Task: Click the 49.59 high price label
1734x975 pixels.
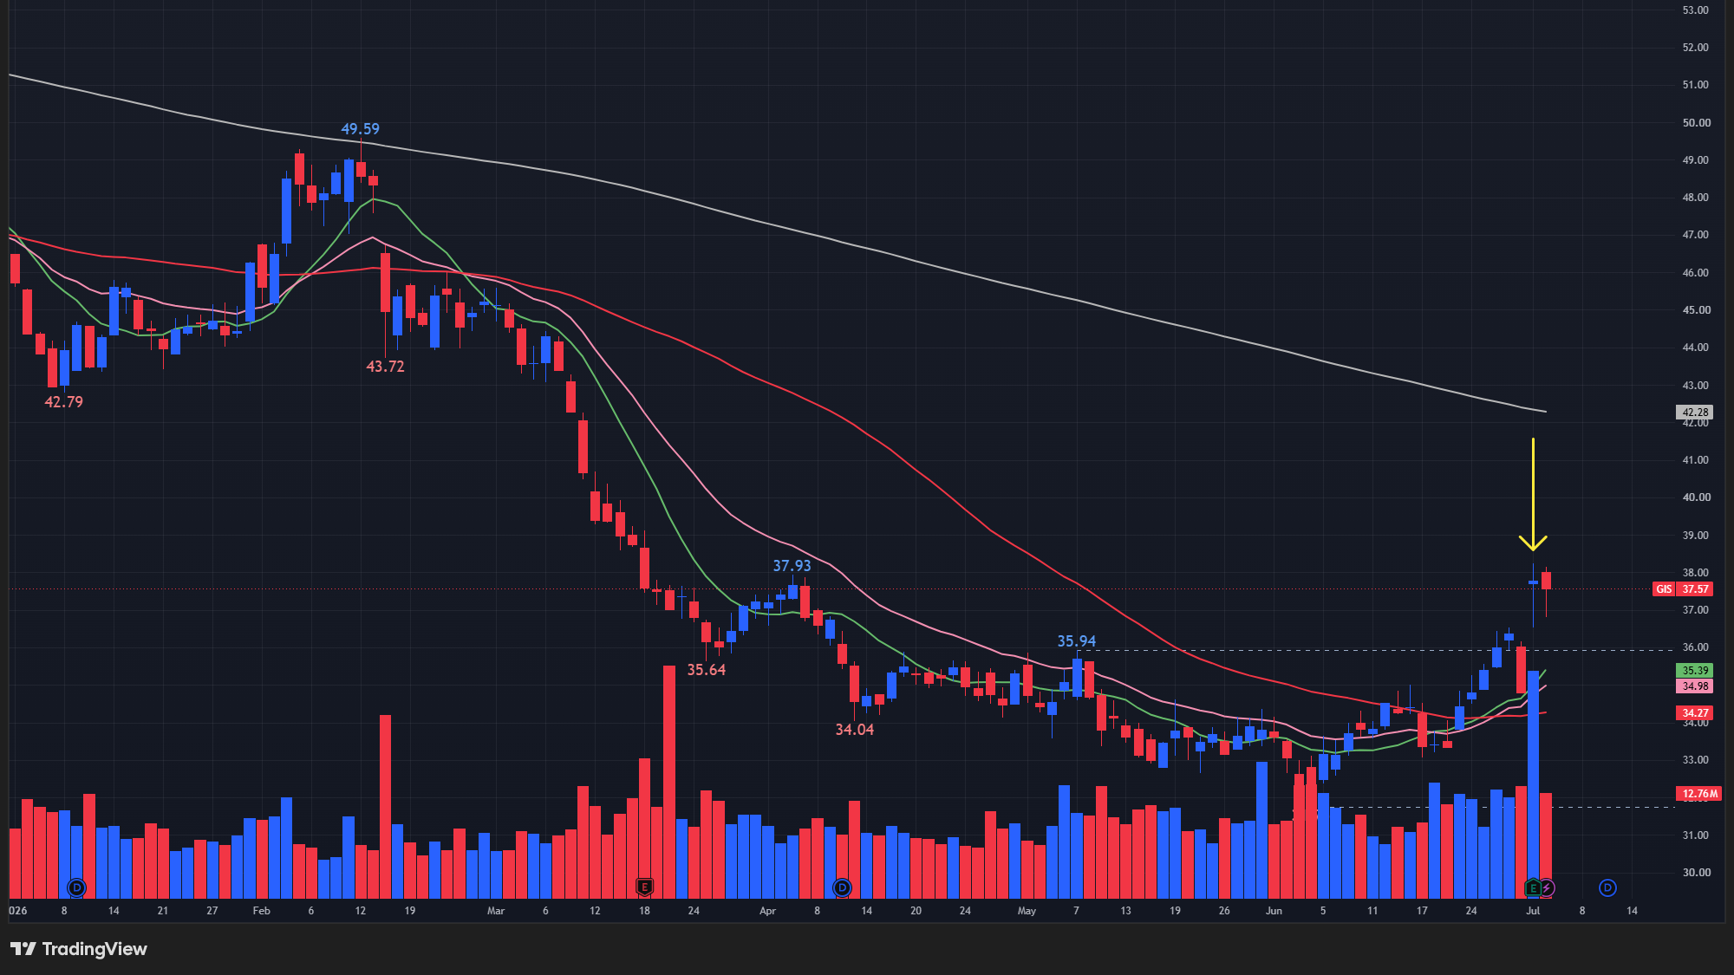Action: point(360,129)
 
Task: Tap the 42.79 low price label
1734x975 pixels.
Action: point(64,402)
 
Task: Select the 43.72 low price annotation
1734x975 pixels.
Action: point(385,367)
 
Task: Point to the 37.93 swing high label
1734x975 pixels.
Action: point(792,566)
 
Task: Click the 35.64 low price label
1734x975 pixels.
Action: point(707,670)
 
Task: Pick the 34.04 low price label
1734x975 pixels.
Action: point(855,730)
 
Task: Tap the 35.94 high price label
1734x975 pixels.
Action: point(1077,641)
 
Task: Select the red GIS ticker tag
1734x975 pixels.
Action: point(1664,589)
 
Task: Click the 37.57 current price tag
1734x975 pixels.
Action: point(1695,589)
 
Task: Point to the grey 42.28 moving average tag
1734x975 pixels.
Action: point(1695,413)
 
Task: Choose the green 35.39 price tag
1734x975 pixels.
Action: point(1695,671)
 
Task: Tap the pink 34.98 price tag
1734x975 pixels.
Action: point(1695,686)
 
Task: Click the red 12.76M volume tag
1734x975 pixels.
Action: point(1699,794)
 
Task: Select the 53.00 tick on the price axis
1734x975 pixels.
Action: point(1695,10)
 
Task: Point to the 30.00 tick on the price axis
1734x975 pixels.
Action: point(1695,873)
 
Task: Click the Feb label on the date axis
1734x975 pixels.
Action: point(261,911)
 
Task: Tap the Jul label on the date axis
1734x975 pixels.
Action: point(1533,911)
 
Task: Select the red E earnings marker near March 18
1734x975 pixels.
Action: point(644,887)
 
